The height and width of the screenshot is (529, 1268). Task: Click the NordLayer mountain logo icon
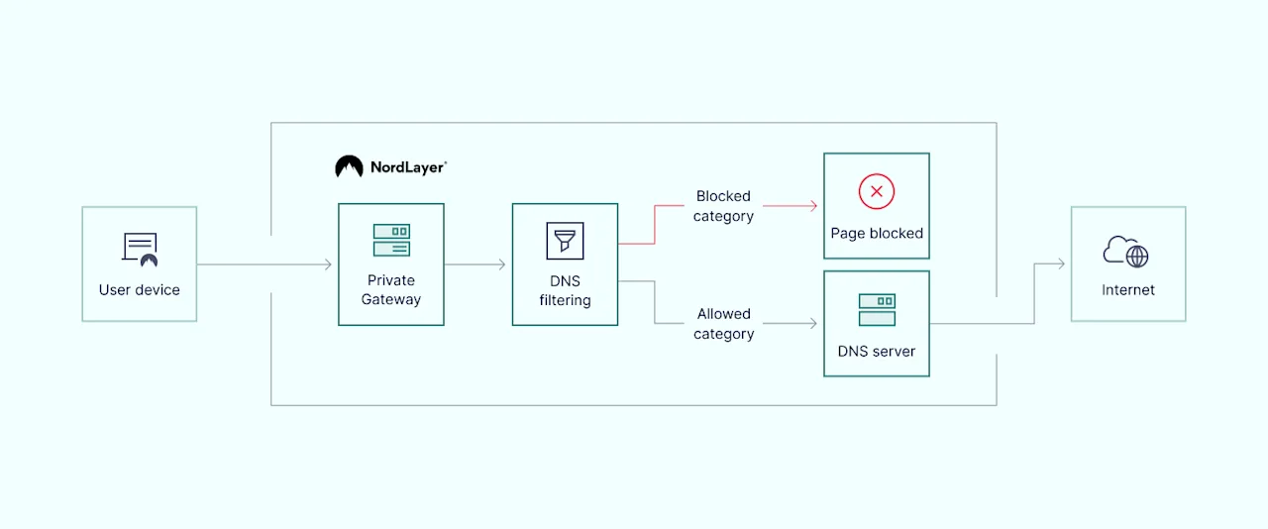point(349,166)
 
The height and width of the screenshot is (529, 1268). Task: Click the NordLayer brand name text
point(407,167)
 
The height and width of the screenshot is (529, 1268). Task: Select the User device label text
point(140,290)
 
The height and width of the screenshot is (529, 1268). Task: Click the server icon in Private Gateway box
point(391,240)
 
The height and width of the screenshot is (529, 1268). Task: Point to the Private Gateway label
point(391,290)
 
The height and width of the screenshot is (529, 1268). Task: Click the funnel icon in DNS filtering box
point(565,241)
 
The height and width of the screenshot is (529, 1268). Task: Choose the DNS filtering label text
point(565,290)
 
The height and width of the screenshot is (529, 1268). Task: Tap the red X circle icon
point(877,191)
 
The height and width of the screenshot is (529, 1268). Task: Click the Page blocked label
point(877,234)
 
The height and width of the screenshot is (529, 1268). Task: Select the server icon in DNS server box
point(877,309)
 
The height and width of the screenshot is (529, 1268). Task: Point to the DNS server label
point(877,351)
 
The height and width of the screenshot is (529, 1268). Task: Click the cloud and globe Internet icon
point(1126,252)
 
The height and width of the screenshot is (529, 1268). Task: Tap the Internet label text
point(1128,290)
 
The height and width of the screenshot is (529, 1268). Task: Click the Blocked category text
point(723,206)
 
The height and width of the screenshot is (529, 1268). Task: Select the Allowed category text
point(723,324)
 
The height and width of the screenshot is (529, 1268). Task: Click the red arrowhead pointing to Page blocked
point(813,205)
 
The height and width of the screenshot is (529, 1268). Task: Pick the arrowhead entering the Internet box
point(1061,264)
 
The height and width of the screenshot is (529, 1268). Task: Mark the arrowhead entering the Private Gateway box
point(328,264)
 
